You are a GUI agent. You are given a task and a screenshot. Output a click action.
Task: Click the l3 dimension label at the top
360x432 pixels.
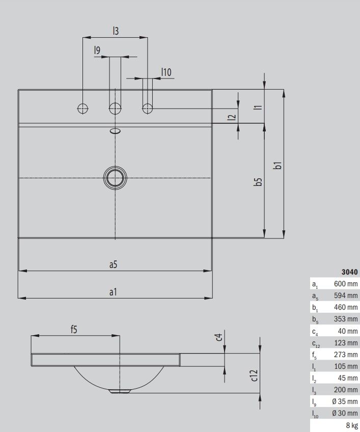click(x=116, y=31)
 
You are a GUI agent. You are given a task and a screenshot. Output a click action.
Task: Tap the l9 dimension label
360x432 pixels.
click(x=97, y=50)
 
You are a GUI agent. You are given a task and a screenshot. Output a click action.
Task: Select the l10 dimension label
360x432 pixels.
click(x=166, y=72)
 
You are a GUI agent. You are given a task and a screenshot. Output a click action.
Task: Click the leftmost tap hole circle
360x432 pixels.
click(x=82, y=109)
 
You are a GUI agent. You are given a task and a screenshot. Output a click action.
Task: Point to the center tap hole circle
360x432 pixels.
click(x=115, y=109)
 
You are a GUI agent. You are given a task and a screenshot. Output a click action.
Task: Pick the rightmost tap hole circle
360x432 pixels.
click(x=148, y=109)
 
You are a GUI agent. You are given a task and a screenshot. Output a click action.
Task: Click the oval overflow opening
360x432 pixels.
click(x=115, y=131)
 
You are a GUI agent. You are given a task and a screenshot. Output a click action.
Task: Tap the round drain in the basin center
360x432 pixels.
click(x=115, y=178)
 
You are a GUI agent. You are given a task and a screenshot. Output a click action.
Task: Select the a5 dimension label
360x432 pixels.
click(x=113, y=264)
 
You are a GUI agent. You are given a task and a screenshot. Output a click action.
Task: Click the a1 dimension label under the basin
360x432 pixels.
click(x=113, y=292)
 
